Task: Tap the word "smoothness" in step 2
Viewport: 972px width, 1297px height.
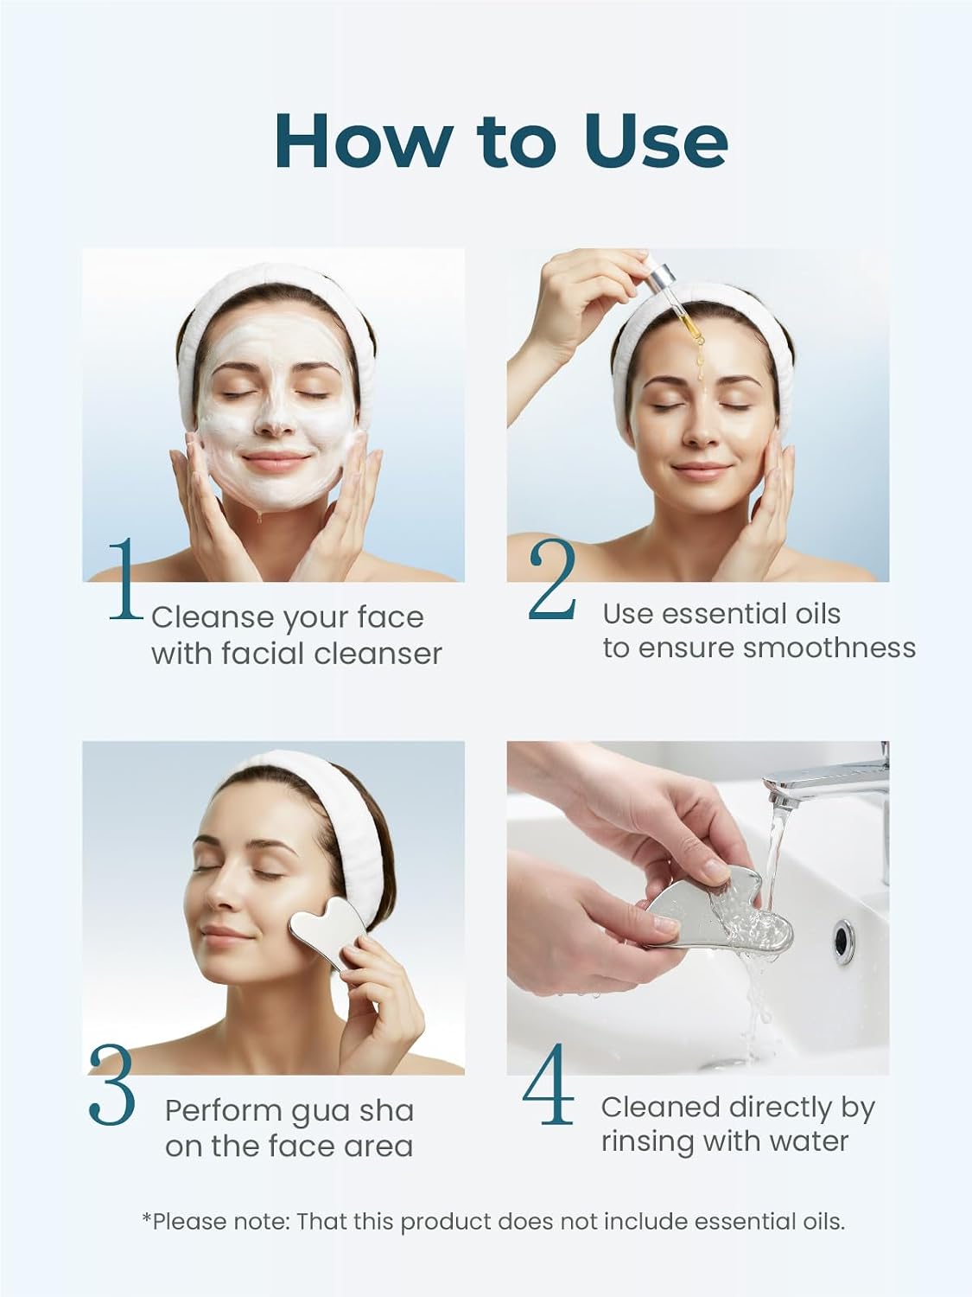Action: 829,648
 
